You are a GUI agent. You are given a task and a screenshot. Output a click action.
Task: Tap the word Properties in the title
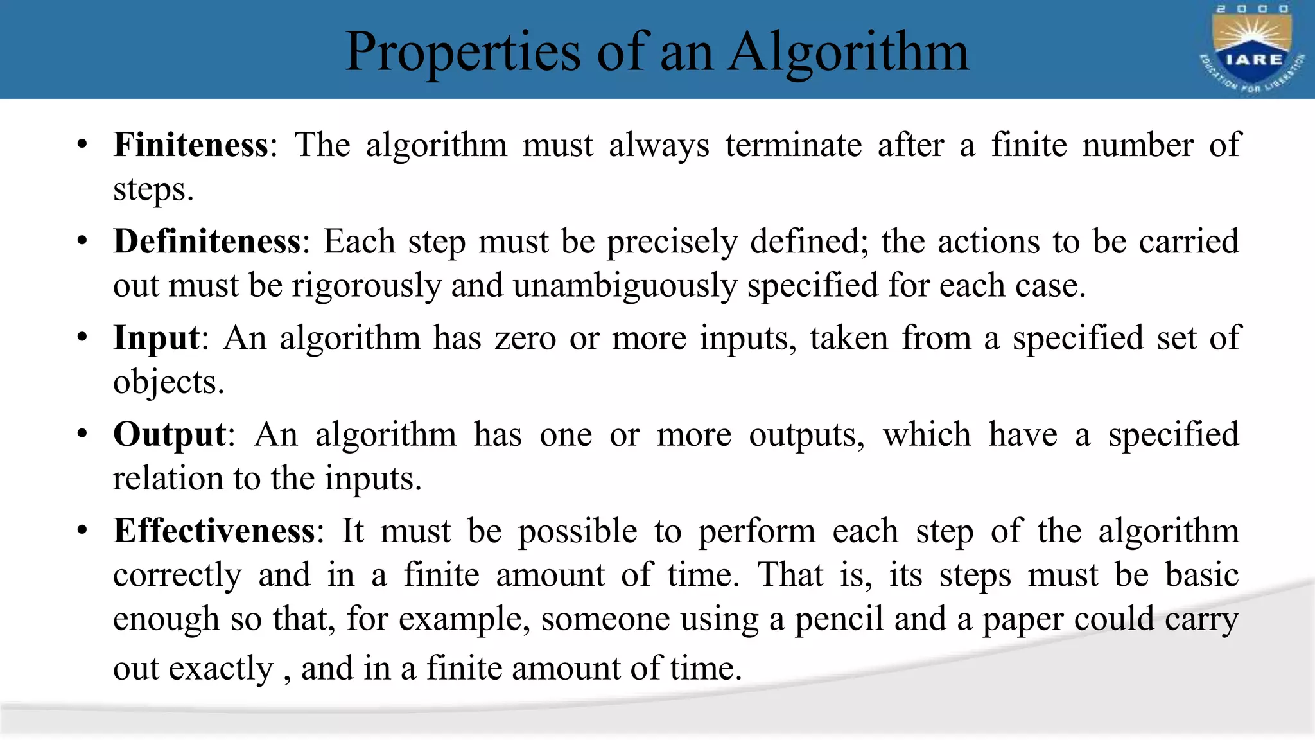click(462, 53)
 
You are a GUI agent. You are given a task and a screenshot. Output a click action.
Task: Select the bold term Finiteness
click(191, 145)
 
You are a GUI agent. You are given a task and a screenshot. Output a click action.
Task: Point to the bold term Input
click(156, 339)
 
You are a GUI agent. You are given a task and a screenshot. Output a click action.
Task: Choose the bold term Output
click(170, 435)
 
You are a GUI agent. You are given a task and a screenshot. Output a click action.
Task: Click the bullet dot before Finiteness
click(82, 145)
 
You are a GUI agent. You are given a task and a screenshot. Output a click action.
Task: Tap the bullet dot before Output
click(82, 435)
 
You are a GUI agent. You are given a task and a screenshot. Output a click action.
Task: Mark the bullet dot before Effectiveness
click(82, 531)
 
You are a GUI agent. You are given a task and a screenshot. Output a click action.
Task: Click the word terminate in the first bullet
click(794, 145)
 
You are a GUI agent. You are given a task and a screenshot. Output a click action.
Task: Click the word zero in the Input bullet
click(525, 339)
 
